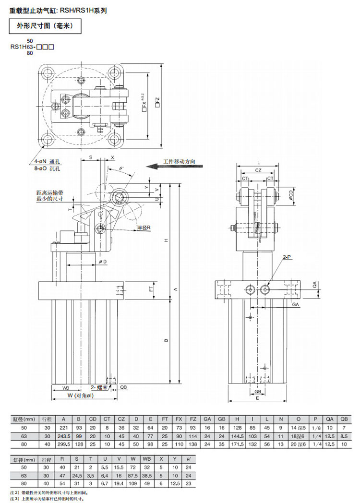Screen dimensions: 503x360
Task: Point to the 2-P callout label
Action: pyautogui.click(x=288, y=258)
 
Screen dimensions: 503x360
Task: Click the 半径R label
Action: pyautogui.click(x=144, y=227)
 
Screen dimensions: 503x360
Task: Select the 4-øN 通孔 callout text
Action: pyautogui.click(x=44, y=162)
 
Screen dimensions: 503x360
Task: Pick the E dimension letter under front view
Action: pyautogui.click(x=258, y=398)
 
